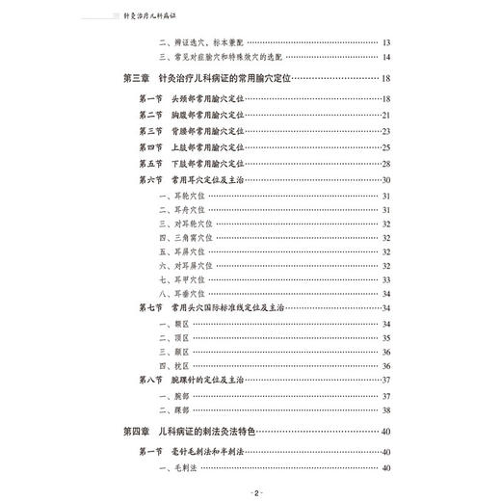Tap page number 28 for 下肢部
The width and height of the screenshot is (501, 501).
385,164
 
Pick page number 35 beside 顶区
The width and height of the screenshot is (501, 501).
385,337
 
